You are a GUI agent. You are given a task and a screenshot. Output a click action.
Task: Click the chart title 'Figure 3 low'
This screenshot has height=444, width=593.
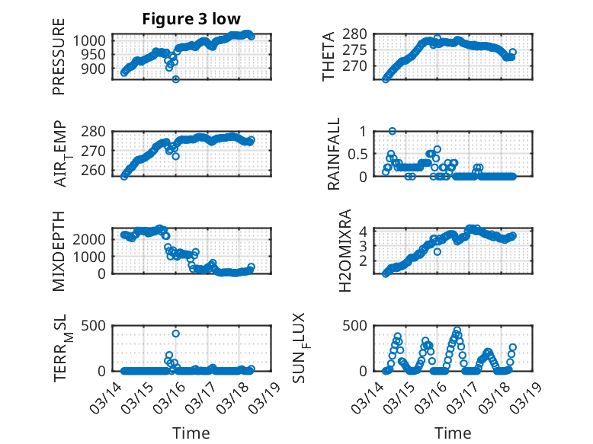(x=191, y=20)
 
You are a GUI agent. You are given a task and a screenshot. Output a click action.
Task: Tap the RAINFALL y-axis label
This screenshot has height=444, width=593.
(x=334, y=155)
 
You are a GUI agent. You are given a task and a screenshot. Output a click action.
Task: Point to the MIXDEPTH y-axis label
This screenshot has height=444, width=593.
(x=59, y=251)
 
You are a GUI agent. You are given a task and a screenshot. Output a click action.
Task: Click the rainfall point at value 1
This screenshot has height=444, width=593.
(x=393, y=131)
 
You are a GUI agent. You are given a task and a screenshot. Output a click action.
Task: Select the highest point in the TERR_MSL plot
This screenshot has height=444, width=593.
(x=176, y=334)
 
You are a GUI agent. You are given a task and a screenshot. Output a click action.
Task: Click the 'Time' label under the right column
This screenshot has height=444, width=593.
(x=453, y=433)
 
